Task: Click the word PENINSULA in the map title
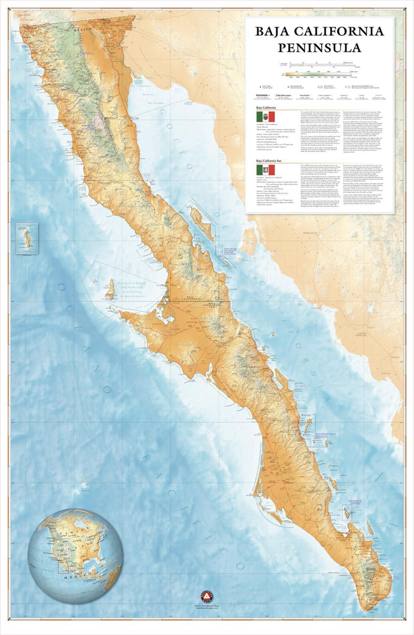(x=319, y=47)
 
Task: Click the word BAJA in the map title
(x=276, y=30)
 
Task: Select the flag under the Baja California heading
(x=265, y=116)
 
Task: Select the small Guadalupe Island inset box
(x=27, y=238)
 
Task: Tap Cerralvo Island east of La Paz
(x=370, y=527)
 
